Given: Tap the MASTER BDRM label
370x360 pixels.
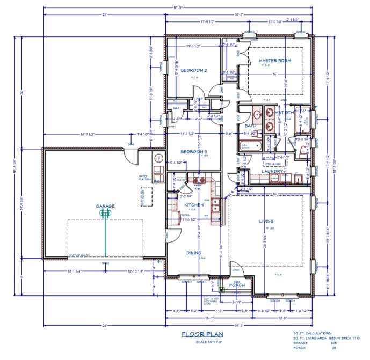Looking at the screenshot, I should pyautogui.click(x=274, y=61).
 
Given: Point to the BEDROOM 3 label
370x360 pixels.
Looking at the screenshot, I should pyautogui.click(x=193, y=152).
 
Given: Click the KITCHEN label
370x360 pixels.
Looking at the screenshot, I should pyautogui.click(x=193, y=205).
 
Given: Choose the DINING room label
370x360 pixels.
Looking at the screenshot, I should pyautogui.click(x=194, y=253).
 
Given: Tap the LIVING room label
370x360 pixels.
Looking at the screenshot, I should pyautogui.click(x=266, y=221).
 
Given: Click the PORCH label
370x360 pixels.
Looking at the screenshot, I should pyautogui.click(x=237, y=285).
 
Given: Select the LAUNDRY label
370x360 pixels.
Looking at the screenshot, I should pyautogui.click(x=272, y=171).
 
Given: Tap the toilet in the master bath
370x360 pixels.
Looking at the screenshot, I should pyautogui.click(x=304, y=152).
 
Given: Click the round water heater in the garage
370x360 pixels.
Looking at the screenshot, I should pyautogui.click(x=158, y=159).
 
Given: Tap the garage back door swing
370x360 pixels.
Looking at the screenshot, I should pyautogui.click(x=131, y=156).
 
